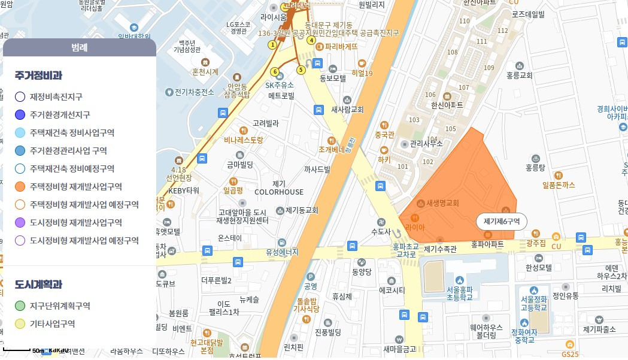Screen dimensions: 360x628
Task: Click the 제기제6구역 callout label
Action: click(x=501, y=222)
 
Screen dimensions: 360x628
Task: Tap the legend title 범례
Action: click(x=79, y=47)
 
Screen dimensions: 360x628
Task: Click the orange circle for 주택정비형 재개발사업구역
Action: click(x=20, y=186)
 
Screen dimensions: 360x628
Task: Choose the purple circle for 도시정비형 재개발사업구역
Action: click(x=20, y=222)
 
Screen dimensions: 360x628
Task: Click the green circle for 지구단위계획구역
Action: click(x=20, y=306)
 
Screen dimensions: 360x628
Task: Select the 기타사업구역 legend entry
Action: click(x=52, y=324)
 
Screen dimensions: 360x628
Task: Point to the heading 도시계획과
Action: click(x=38, y=284)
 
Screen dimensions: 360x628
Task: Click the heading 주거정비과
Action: click(x=38, y=75)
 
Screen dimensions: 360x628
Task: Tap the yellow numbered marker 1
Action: click(x=273, y=44)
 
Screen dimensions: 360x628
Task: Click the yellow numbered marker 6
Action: click(x=275, y=72)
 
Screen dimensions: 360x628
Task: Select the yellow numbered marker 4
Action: click(x=311, y=41)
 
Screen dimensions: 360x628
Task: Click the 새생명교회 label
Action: click(x=442, y=203)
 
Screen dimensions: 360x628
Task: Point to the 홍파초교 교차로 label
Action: click(x=404, y=250)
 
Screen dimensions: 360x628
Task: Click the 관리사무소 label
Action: click(x=424, y=144)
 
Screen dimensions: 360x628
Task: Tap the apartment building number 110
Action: click(x=464, y=22)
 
